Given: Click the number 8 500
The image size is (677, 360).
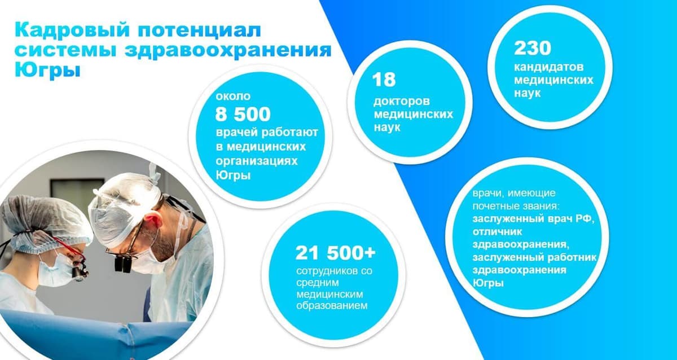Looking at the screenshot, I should (243, 114).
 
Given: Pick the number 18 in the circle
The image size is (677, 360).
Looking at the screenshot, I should (384, 80).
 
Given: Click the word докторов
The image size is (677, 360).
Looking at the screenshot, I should (401, 102).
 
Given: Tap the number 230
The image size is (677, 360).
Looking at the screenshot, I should (532, 48).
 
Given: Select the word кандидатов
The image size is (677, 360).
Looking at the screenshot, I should (547, 68).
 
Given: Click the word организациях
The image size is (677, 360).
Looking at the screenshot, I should (257, 160).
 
